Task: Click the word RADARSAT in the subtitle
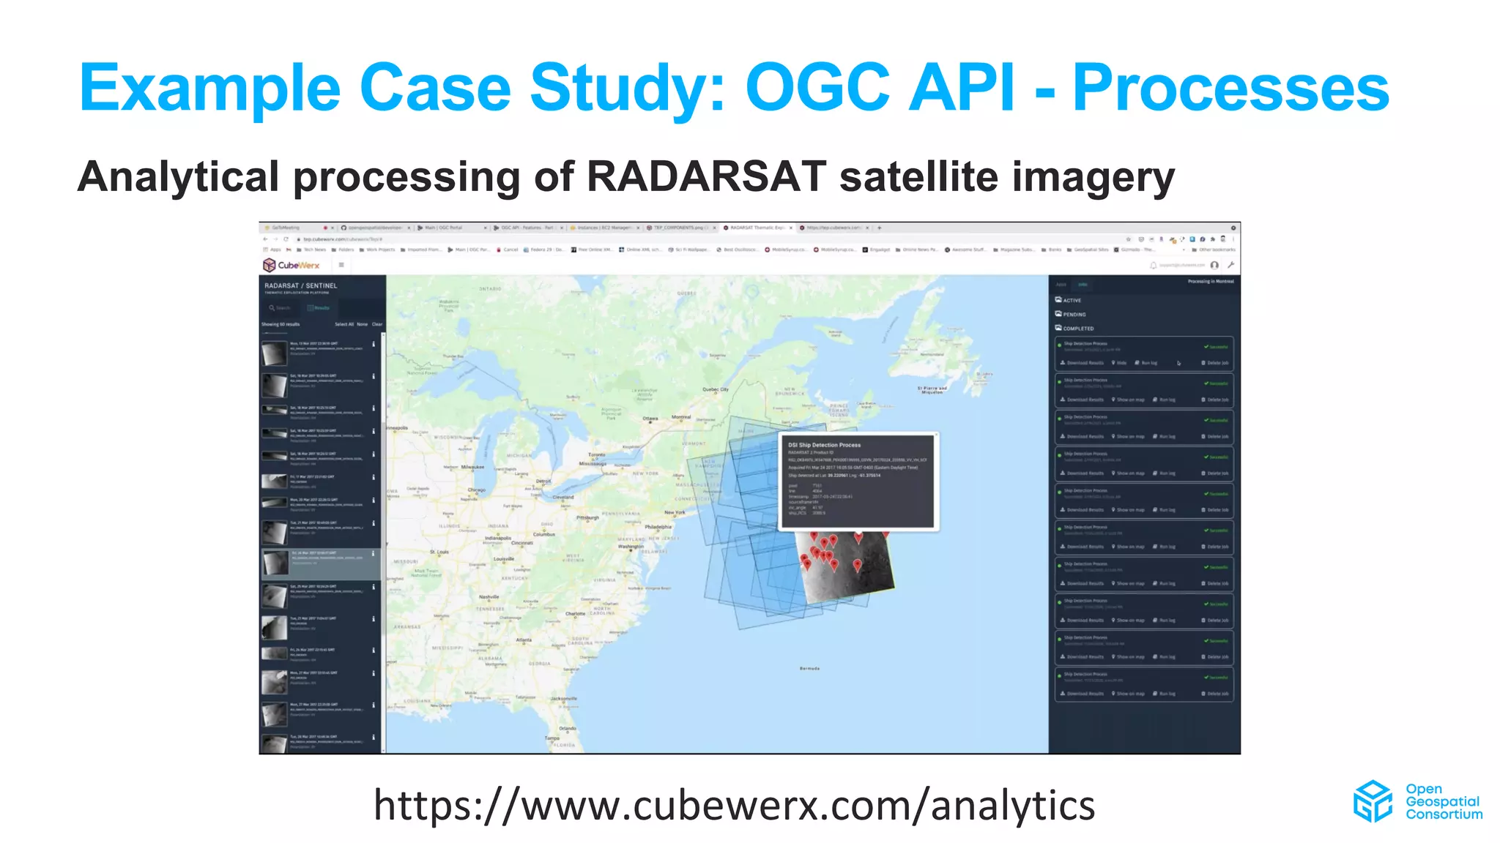(x=706, y=177)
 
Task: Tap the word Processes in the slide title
(x=1230, y=88)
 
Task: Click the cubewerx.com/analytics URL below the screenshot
(x=734, y=805)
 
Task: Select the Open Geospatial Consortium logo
(x=1417, y=801)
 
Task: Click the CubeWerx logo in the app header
(x=292, y=265)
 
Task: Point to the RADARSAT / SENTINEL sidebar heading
(x=300, y=285)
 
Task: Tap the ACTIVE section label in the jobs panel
(x=1072, y=300)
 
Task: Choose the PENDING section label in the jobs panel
(x=1074, y=314)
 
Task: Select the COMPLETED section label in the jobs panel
(x=1077, y=329)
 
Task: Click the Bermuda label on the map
(x=809, y=668)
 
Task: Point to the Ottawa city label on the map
(x=650, y=419)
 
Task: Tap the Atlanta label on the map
(x=524, y=640)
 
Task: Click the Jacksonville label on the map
(x=563, y=698)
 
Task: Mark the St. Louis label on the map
(x=439, y=552)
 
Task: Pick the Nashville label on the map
(x=489, y=596)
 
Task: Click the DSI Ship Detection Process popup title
(x=824, y=445)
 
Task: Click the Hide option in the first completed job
(x=1121, y=363)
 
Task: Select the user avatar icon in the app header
(x=1214, y=265)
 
